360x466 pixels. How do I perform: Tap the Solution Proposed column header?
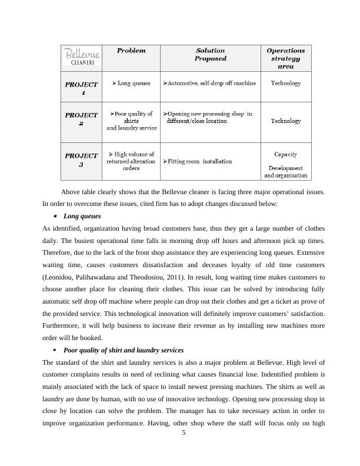coord(210,55)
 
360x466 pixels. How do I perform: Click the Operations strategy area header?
coord(285,58)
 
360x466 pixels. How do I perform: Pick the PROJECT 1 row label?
coord(82,88)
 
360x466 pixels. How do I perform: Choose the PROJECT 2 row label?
coord(82,119)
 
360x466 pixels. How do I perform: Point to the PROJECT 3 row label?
coord(82,160)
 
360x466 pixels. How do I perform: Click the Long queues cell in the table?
coord(131,84)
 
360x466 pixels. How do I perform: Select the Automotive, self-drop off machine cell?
coord(209,84)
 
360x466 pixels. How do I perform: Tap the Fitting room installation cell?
coord(198,161)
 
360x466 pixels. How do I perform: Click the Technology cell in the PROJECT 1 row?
coord(285,84)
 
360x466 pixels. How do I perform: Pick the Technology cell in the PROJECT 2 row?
coord(285,121)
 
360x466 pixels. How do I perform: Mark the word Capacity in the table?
coord(285,154)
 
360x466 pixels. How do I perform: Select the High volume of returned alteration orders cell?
coord(131,161)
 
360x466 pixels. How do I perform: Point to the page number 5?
coord(184,434)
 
